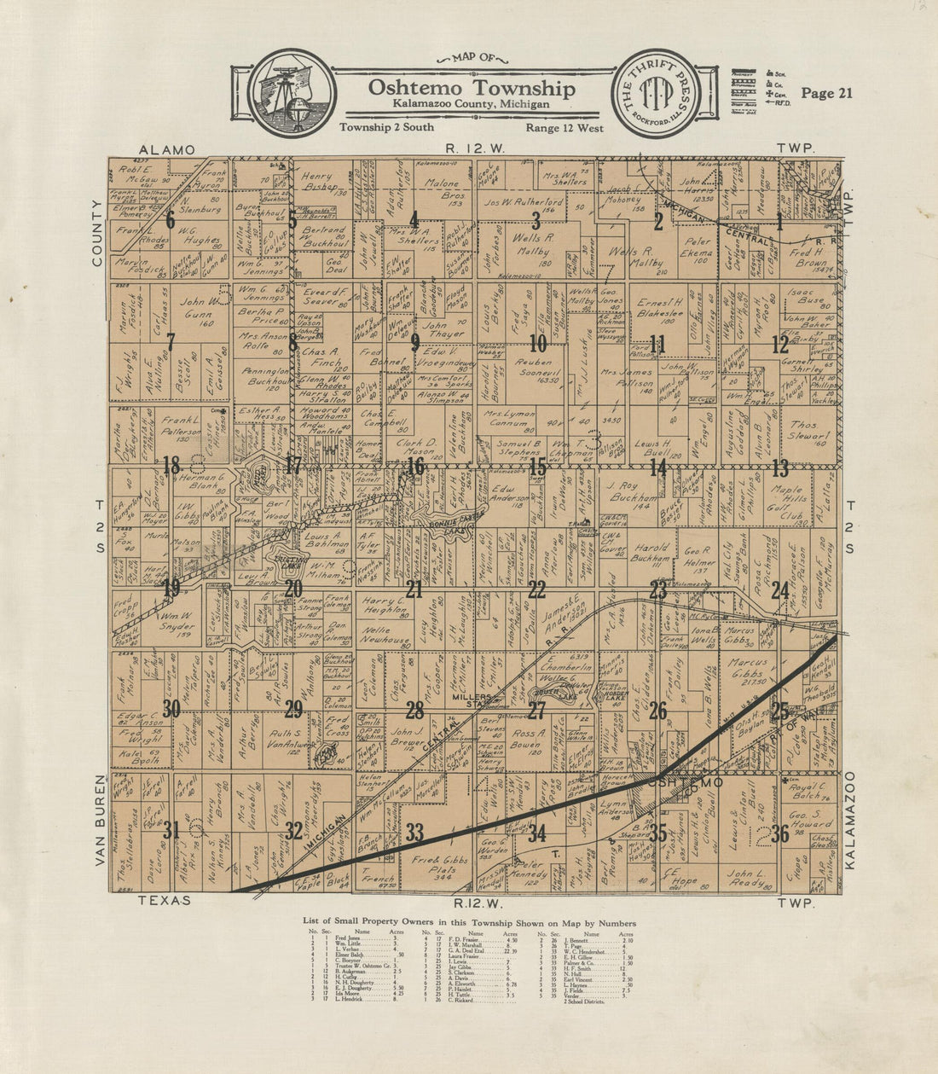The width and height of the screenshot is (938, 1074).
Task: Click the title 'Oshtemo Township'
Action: [472, 89]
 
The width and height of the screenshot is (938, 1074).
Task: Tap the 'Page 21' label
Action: [826, 94]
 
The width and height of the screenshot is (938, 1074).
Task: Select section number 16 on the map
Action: [415, 467]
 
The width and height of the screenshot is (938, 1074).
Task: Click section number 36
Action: [779, 833]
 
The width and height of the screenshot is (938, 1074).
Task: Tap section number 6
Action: [171, 220]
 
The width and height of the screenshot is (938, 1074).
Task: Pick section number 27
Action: [536, 711]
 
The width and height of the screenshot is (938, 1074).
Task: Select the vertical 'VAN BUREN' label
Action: [100, 820]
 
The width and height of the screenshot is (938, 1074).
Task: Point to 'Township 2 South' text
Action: [385, 127]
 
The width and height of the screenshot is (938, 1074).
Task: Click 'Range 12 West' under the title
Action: [565, 128]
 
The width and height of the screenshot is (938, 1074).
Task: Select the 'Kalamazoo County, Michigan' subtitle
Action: [472, 103]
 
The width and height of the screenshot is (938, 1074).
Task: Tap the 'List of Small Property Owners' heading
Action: [469, 923]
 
